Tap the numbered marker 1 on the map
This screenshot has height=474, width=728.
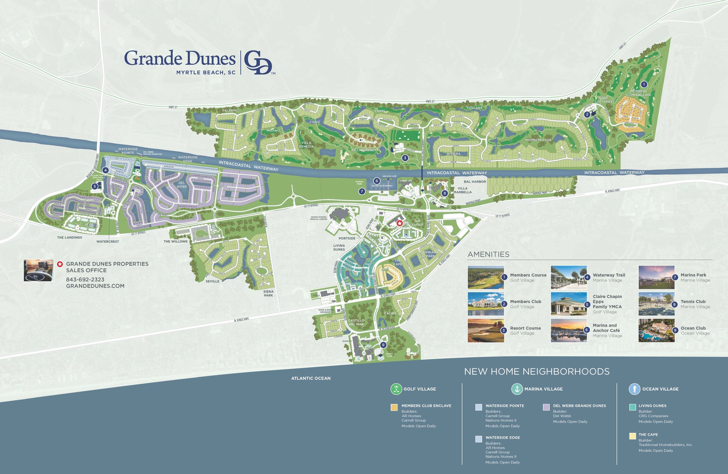click(x=644, y=84)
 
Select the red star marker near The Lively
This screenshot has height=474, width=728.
click(x=399, y=223)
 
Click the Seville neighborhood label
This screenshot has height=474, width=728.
click(x=212, y=281)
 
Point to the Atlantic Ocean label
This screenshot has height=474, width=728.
click(x=311, y=378)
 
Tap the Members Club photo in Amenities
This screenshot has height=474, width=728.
click(x=486, y=304)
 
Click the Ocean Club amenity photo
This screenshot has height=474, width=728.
click(x=656, y=331)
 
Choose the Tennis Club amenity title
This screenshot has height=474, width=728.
click(x=693, y=301)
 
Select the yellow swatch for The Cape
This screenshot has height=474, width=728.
click(x=632, y=437)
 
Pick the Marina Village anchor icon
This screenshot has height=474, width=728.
click(x=517, y=389)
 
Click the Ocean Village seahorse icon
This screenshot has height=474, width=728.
click(x=634, y=389)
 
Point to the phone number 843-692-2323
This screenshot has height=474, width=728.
click(x=85, y=279)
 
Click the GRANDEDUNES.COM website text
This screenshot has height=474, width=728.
click(x=95, y=286)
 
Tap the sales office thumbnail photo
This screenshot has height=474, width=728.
click(x=39, y=270)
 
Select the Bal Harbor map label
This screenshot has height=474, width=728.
click(x=475, y=182)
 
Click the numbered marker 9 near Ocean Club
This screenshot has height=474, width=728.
click(x=383, y=345)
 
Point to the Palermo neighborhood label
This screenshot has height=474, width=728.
click(x=230, y=110)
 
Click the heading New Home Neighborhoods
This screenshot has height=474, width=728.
click(x=537, y=371)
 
